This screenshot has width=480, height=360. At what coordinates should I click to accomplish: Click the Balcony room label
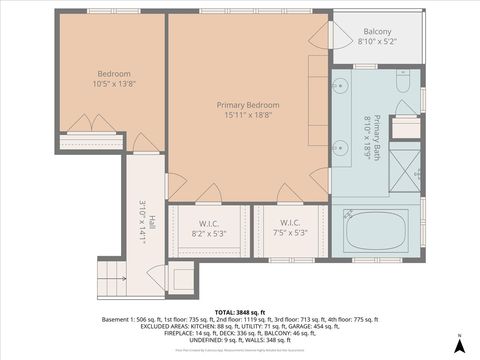point(377,31)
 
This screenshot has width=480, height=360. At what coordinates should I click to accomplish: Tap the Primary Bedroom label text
point(248,105)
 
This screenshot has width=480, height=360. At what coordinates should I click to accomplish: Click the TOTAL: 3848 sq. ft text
point(240,311)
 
